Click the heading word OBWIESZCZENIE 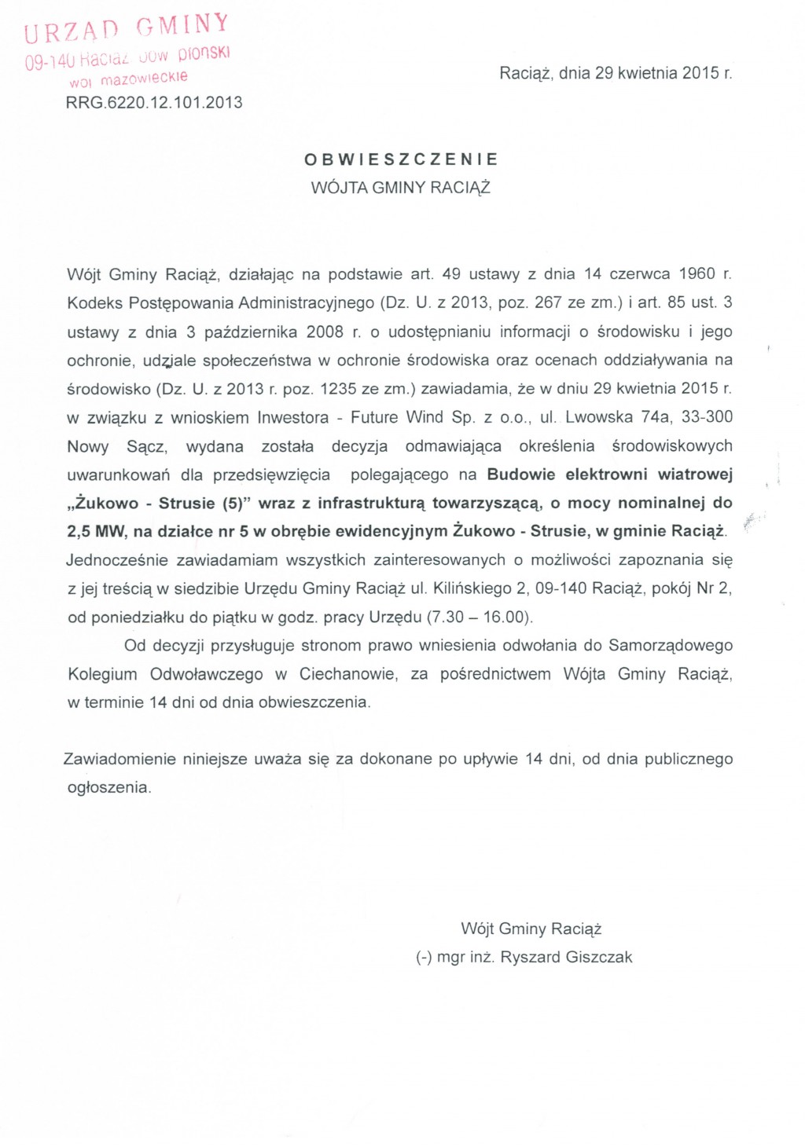(x=401, y=159)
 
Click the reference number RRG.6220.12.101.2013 (x=155, y=102)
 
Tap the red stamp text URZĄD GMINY (x=127, y=27)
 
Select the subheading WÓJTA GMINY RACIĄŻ (x=401, y=188)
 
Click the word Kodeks (x=94, y=302)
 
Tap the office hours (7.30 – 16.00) (x=480, y=617)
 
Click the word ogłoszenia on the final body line (x=109, y=788)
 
